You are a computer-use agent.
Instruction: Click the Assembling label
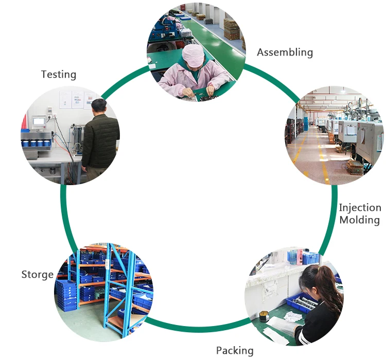[285, 52]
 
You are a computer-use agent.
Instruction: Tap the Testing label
[58, 75]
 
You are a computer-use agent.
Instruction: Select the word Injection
[360, 208]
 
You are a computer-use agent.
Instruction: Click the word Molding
[360, 220]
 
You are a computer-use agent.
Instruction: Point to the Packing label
[235, 351]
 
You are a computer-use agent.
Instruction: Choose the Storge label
[37, 275]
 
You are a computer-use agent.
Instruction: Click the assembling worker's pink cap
[193, 55]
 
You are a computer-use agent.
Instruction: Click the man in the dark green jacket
[100, 139]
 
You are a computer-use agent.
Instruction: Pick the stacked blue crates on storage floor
[66, 295]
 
